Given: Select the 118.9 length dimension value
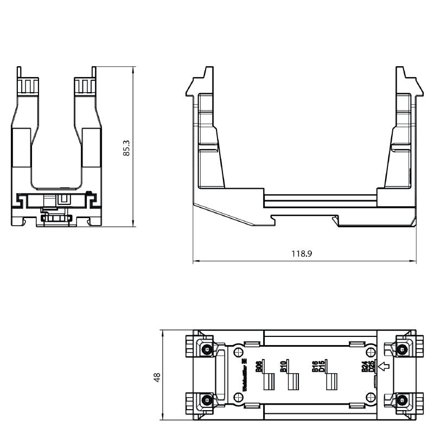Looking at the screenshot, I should (x=305, y=254).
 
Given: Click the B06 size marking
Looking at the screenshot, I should (x=259, y=367).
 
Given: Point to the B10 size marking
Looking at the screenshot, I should (x=284, y=367).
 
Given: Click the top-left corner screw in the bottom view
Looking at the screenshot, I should (x=206, y=349).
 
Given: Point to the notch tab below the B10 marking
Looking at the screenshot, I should (x=292, y=382).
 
